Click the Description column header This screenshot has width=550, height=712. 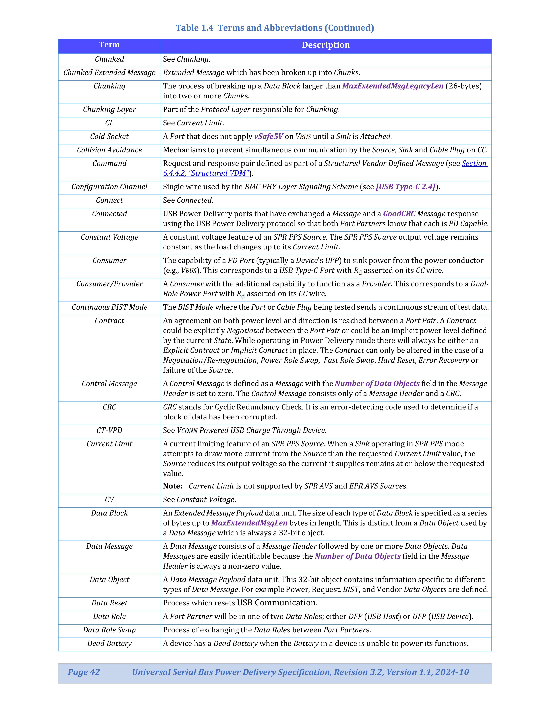tap(326, 45)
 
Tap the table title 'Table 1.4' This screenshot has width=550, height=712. tap(194, 28)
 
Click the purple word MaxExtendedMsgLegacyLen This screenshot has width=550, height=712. tap(393, 86)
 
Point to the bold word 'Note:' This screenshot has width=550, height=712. tap(173, 486)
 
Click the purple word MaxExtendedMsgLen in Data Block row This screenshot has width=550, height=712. tap(249, 523)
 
